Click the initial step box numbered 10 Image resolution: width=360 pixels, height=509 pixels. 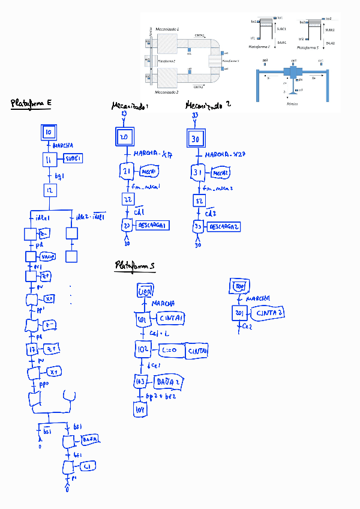click(49, 132)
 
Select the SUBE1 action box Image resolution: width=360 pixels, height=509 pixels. click(73, 158)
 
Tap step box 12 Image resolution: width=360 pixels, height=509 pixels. click(49, 190)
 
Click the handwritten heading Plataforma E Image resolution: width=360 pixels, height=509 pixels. click(31, 104)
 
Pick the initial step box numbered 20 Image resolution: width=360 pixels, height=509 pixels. click(124, 138)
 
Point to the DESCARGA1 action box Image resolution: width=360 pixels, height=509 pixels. click(152, 225)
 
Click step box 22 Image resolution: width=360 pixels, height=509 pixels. click(127, 199)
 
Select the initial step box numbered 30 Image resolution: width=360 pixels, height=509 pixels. click(195, 139)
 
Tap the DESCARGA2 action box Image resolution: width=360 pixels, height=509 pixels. click(223, 227)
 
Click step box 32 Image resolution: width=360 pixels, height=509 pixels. click(199, 200)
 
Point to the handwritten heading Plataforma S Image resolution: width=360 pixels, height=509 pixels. click(135, 265)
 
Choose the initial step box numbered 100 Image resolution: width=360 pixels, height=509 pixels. click(145, 292)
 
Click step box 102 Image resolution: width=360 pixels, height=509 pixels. click(143, 349)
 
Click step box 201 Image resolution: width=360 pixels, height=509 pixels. click(240, 314)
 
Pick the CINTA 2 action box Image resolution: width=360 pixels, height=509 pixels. click(269, 313)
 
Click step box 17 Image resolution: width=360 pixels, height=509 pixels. click(32, 349)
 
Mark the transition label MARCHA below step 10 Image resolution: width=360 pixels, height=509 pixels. click(63, 146)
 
